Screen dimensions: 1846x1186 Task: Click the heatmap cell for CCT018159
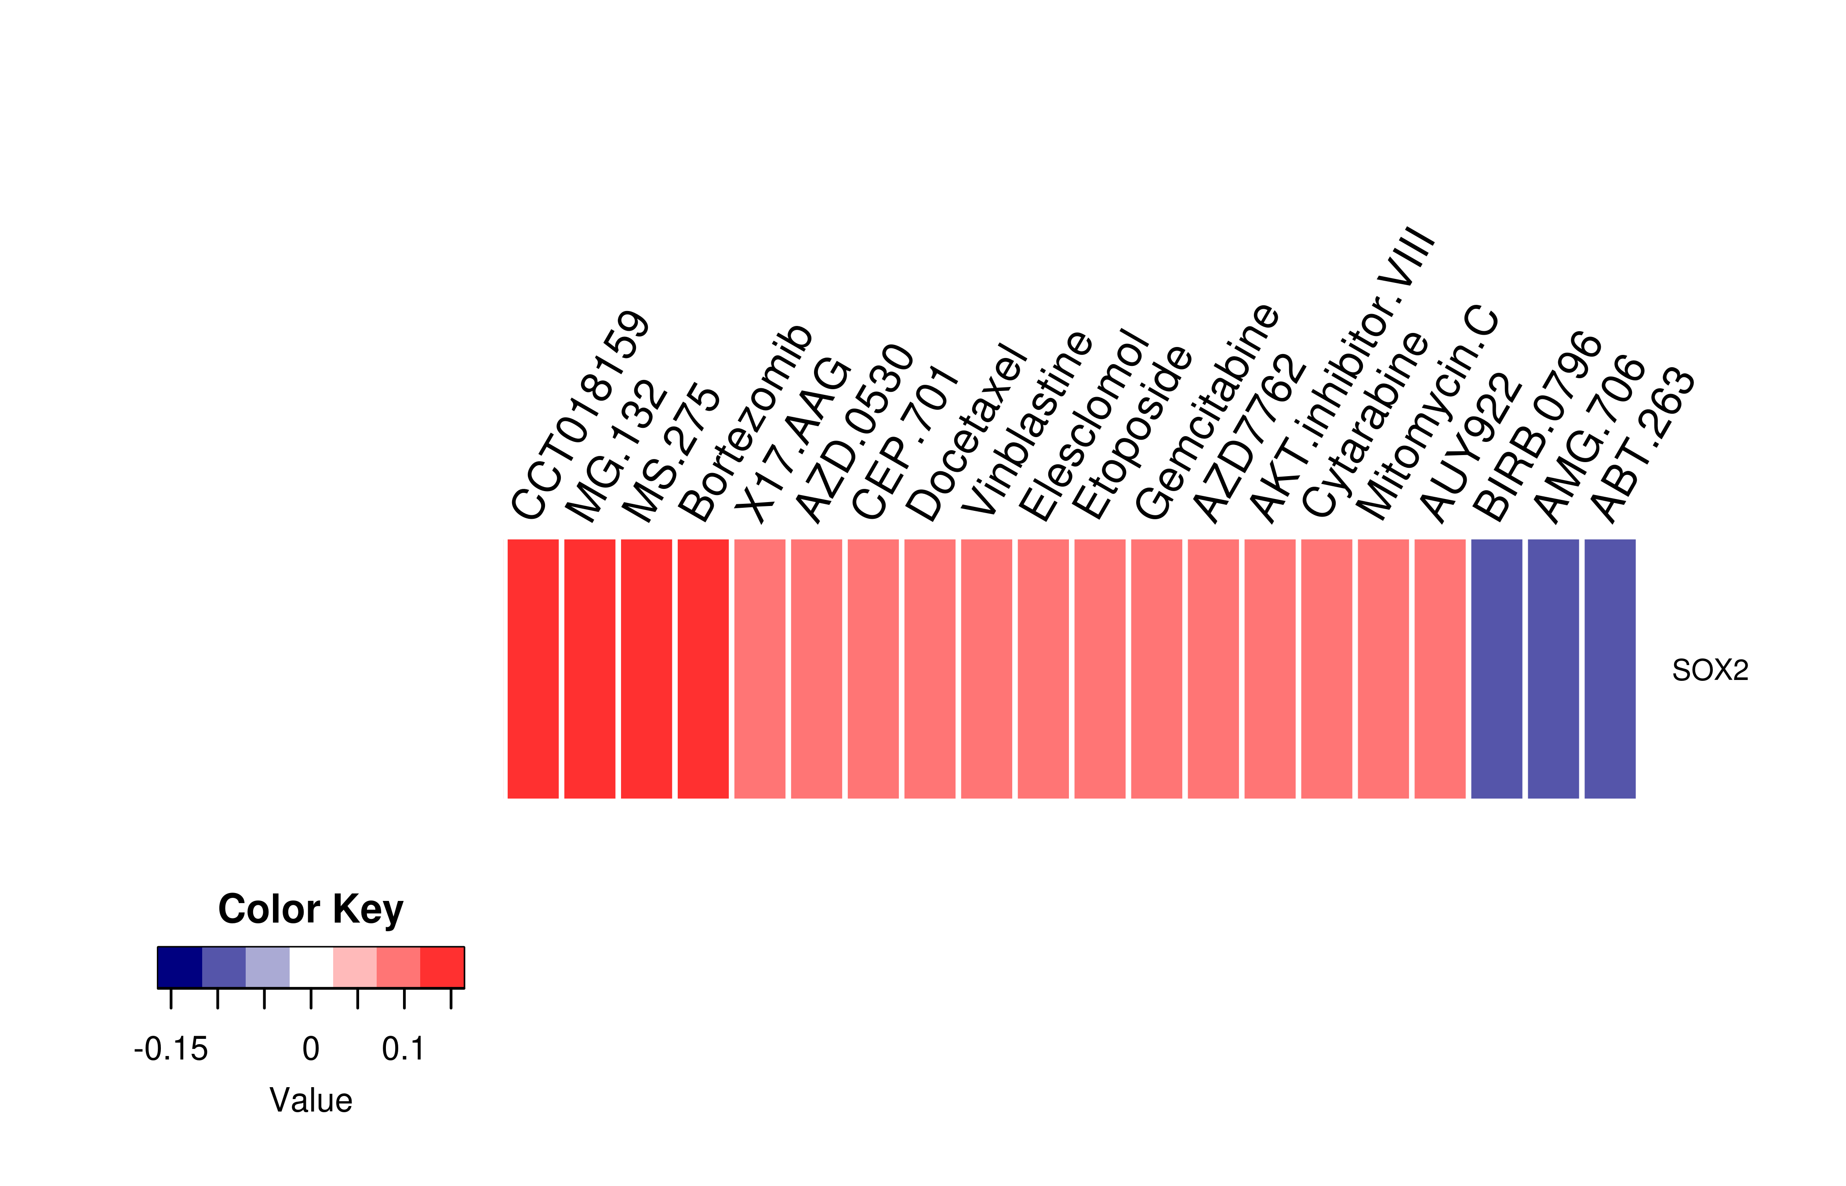click(533, 669)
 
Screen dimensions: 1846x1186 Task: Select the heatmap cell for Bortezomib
click(703, 669)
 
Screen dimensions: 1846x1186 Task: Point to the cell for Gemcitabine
click(1156, 669)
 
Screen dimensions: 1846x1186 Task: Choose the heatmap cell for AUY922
click(1440, 669)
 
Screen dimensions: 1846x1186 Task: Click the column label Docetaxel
click(966, 433)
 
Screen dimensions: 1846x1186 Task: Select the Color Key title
click(310, 910)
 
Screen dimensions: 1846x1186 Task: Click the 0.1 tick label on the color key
click(403, 1049)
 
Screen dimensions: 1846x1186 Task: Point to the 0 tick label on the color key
click(310, 1049)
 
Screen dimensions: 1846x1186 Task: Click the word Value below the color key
click(310, 1100)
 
